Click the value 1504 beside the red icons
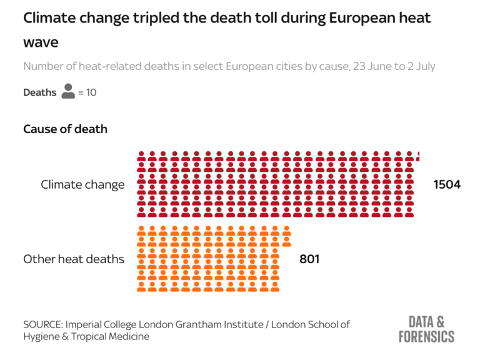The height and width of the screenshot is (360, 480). coord(446,184)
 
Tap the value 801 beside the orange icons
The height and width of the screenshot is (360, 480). coord(309,259)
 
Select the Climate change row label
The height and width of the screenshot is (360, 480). coord(82,184)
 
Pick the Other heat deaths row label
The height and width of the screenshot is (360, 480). coord(74,259)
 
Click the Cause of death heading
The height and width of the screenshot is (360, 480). coord(65,129)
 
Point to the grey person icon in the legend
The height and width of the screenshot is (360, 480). coord(68,92)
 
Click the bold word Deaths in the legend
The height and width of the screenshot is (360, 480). coord(39,92)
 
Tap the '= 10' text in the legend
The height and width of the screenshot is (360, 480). coord(87,92)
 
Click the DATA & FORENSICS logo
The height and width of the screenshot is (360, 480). coord(427,329)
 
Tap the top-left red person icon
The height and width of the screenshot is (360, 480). coord(142,156)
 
